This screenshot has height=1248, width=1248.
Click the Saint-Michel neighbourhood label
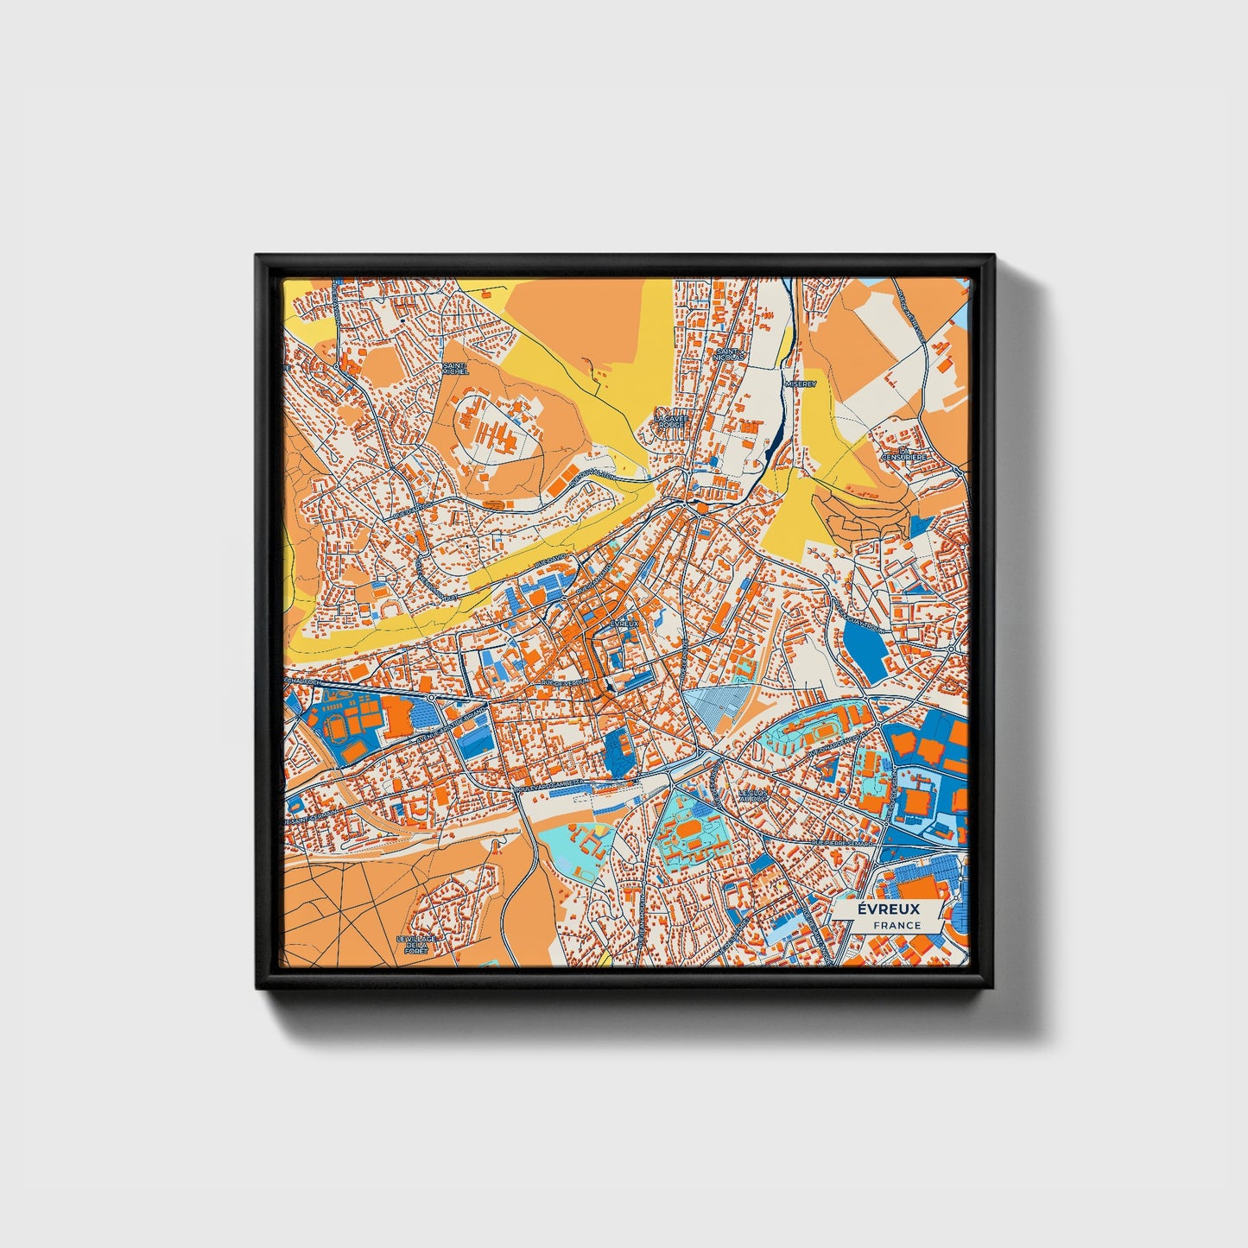[454, 368]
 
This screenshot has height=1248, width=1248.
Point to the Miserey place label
[800, 383]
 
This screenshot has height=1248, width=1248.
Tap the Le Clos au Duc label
[752, 795]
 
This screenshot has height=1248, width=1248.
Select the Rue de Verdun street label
[563, 682]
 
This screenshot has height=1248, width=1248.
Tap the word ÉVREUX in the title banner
[889, 909]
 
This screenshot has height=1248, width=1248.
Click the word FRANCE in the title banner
[896, 925]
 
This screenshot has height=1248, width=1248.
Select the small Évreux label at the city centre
[624, 623]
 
